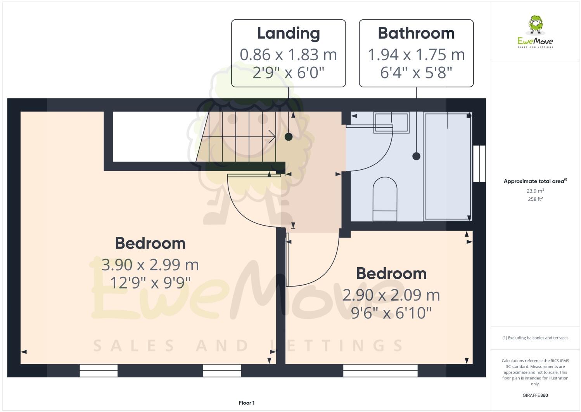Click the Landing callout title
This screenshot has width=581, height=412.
click(288, 34)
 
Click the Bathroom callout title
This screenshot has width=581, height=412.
click(416, 34)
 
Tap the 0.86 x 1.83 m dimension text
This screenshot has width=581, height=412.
click(288, 55)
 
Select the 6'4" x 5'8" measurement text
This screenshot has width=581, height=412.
click(416, 73)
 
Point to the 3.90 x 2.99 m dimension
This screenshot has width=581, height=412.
click(150, 265)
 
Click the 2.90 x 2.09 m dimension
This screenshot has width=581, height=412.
click(391, 295)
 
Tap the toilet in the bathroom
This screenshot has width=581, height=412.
click(385, 199)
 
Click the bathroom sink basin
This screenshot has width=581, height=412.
click(391, 123)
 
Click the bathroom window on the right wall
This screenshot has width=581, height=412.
click(479, 164)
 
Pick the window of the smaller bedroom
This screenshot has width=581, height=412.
click(380, 370)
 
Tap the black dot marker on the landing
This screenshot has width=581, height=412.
click(288, 137)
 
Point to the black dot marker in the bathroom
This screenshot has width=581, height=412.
click(416, 156)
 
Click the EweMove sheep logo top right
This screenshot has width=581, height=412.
click(535, 26)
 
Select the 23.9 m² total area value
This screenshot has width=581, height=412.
click(535, 191)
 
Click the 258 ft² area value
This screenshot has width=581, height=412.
click(535, 199)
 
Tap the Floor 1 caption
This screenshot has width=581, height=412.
click(247, 403)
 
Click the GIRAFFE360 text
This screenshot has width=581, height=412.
click(535, 395)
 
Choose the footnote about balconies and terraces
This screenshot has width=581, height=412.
click(535, 338)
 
